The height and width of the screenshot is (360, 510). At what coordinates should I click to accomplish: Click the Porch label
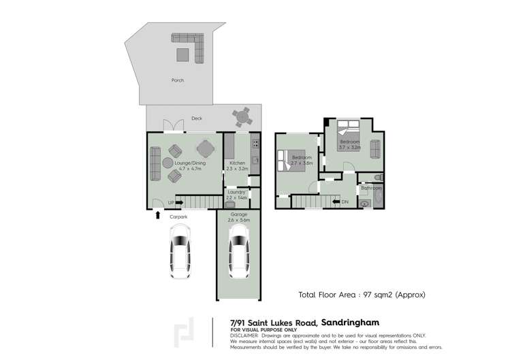click(178, 80)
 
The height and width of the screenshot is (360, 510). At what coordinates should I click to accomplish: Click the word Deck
click(196, 118)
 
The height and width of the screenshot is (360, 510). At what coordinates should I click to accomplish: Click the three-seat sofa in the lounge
click(154, 162)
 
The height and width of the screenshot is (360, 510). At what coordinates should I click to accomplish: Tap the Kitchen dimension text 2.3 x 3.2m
click(238, 169)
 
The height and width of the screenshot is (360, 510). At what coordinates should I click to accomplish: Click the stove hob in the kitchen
click(255, 144)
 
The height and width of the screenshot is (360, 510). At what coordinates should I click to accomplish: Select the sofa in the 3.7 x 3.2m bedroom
click(375, 147)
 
